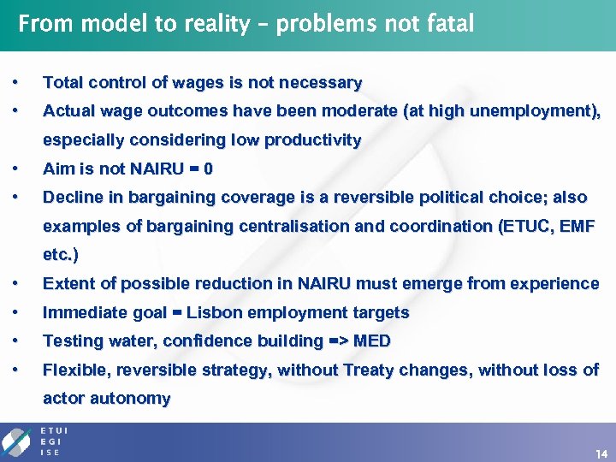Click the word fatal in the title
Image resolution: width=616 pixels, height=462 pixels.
click(x=448, y=23)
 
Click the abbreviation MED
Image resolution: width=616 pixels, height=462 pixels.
click(x=371, y=341)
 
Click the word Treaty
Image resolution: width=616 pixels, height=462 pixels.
click(x=369, y=370)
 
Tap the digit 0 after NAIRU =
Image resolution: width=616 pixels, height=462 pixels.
click(x=208, y=169)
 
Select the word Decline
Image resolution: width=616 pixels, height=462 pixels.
click(x=71, y=197)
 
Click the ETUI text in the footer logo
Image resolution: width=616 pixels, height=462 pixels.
click(x=55, y=430)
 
